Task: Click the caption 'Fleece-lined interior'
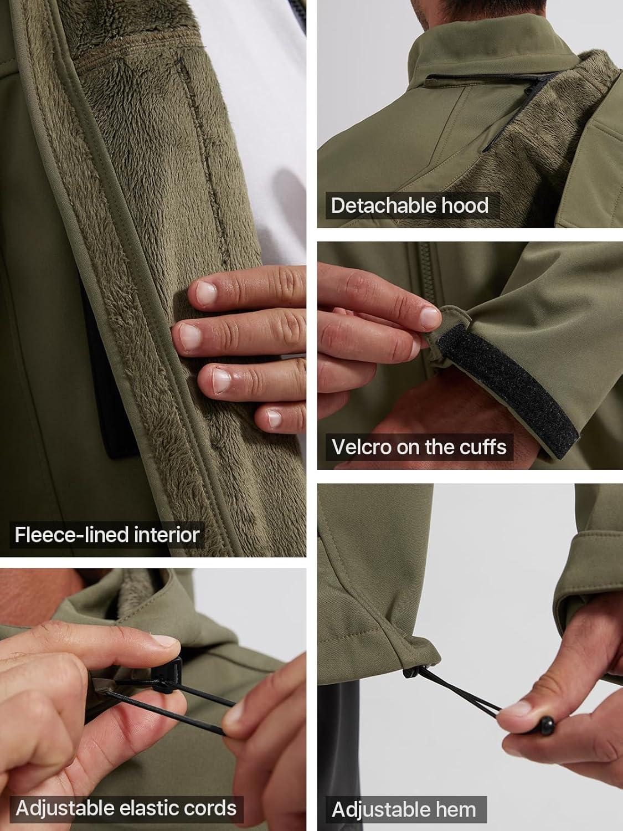coord(107,535)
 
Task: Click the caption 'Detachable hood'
coord(410,206)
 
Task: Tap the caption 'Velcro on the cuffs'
coord(419,447)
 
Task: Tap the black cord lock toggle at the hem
coord(411,672)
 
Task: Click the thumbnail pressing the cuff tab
coord(430,317)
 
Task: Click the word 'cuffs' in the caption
coord(483,447)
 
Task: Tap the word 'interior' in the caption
coord(167,535)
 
